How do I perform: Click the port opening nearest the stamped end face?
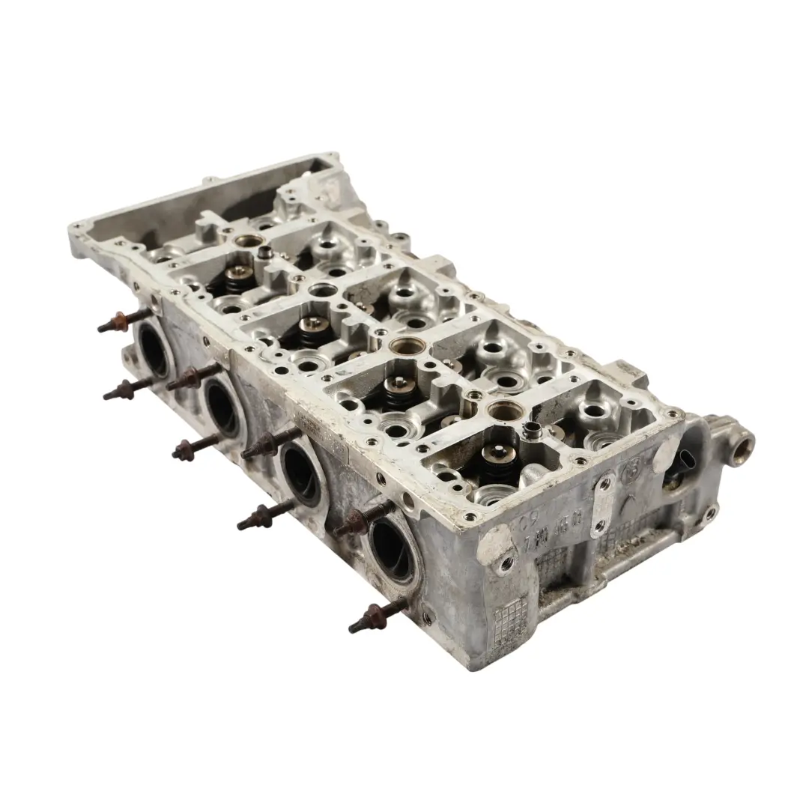coord(391,545)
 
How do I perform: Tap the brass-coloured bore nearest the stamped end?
coord(504,409)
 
